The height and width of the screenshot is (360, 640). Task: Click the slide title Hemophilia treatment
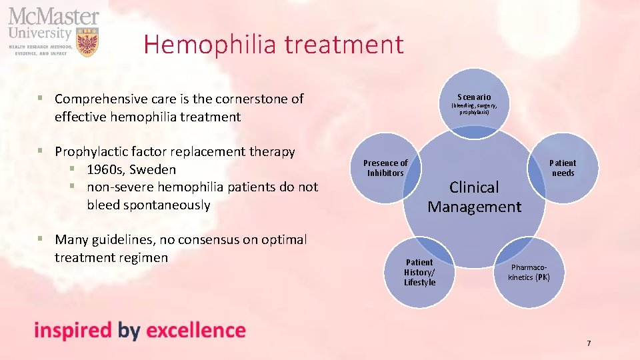273,45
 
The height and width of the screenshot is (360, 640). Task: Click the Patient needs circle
562,168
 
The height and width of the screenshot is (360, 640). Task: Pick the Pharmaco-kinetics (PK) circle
529,273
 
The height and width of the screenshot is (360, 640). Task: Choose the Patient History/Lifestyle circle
419,272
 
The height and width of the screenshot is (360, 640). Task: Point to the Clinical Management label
474,197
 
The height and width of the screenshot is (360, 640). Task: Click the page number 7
589,343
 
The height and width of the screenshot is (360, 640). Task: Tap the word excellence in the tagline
195,330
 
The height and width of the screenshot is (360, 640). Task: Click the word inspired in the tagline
73,330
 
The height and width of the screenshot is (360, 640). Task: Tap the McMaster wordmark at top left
53,16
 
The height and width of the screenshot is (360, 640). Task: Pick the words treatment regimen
111,257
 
